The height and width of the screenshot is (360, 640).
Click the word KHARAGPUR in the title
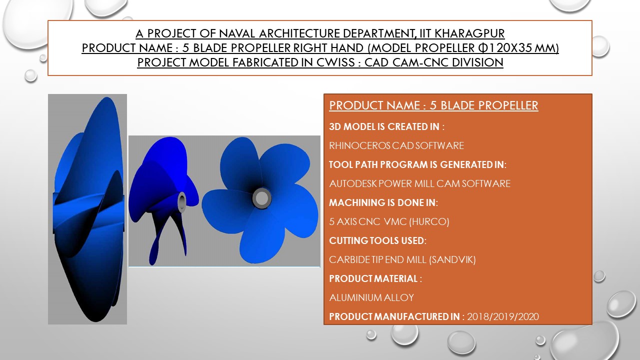click(469, 33)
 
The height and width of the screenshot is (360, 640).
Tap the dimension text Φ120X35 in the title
click(505, 47)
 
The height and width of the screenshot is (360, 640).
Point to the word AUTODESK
click(353, 183)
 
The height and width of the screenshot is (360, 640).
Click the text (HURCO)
click(429, 221)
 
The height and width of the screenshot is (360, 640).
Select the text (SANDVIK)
click(452, 259)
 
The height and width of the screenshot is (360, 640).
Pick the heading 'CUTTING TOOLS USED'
click(376, 240)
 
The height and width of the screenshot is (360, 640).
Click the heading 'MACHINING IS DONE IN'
click(382, 202)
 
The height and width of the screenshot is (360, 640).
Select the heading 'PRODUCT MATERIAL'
click(373, 278)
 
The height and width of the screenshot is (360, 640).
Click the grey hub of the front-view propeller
click(261, 198)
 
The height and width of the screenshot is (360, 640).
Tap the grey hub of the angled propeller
click(181, 201)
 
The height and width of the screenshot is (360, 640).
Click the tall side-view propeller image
click(87, 209)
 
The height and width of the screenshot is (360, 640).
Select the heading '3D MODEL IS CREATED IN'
click(384, 126)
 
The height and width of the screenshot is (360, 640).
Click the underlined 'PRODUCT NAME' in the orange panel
click(374, 105)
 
